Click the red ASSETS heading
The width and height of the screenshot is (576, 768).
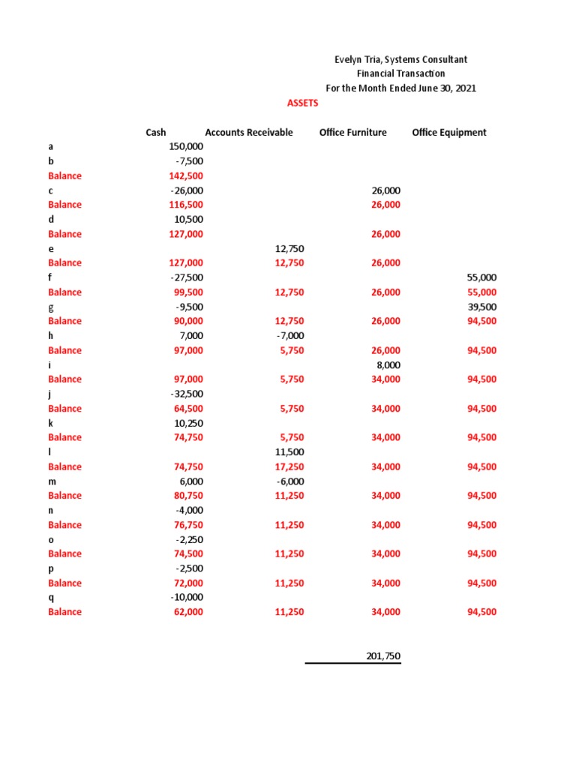click(303, 103)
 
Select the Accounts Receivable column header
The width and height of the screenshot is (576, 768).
click(249, 133)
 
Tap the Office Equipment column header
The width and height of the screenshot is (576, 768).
click(449, 133)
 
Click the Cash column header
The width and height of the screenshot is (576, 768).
click(155, 133)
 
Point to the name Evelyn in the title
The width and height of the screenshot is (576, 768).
click(349, 59)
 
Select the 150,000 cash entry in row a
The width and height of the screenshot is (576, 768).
click(187, 147)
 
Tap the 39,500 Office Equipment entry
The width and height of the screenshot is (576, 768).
click(481, 307)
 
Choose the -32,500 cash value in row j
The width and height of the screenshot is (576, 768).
click(187, 394)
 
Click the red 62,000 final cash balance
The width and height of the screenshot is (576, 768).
click(188, 612)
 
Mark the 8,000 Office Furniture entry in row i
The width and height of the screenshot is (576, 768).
click(388, 365)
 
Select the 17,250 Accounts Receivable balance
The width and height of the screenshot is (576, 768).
click(289, 466)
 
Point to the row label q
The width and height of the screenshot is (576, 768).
click(51, 598)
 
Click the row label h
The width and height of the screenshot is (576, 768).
click(51, 336)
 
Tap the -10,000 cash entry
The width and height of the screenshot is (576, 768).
click(187, 598)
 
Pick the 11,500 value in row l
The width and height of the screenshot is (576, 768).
click(289, 452)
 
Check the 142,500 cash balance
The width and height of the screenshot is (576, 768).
click(187, 176)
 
